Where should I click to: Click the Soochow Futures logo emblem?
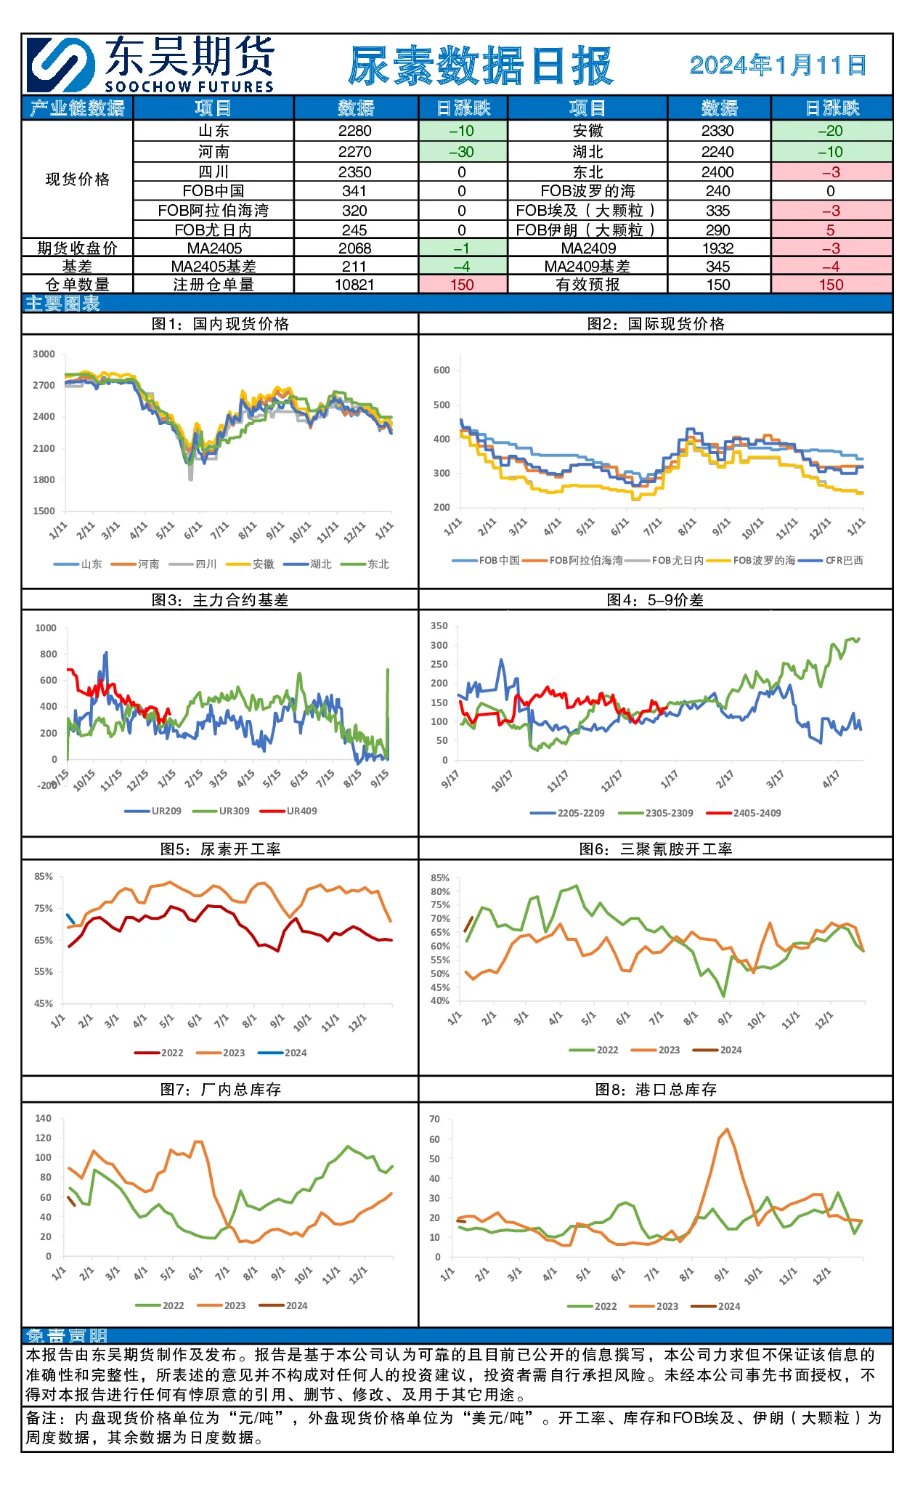(x=61, y=65)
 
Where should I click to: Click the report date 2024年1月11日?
(x=778, y=65)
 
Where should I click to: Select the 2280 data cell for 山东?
(x=355, y=131)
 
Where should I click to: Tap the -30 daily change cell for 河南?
(x=462, y=152)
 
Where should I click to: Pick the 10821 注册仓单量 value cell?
(x=355, y=285)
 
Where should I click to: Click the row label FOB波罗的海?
(x=587, y=191)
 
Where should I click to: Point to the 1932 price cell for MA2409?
(x=718, y=248)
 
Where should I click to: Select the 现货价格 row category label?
(x=78, y=179)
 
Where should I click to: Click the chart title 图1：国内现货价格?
(x=220, y=324)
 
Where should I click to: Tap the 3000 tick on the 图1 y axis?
(x=44, y=355)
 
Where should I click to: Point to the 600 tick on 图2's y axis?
(x=442, y=371)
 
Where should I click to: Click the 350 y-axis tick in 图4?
(x=439, y=626)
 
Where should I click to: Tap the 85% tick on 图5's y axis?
(x=44, y=877)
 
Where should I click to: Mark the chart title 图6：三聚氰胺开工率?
(x=656, y=849)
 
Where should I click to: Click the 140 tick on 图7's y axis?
(x=44, y=1119)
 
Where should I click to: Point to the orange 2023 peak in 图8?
(x=727, y=1130)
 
